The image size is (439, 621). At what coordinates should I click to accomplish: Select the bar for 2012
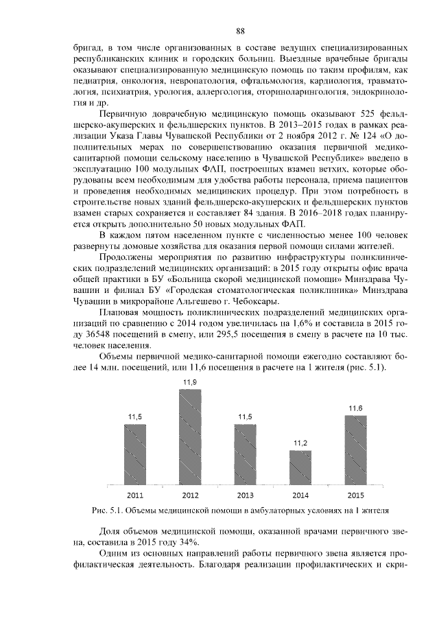click(190, 437)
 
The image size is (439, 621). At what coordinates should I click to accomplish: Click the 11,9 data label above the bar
click(190, 382)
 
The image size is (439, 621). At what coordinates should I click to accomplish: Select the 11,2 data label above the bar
click(300, 443)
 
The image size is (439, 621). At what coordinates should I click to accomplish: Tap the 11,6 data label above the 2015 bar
click(355, 409)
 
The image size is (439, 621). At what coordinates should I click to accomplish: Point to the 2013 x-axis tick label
click(245, 495)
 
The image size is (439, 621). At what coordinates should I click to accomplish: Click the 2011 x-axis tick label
click(135, 495)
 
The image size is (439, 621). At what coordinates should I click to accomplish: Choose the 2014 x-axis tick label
click(300, 495)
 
